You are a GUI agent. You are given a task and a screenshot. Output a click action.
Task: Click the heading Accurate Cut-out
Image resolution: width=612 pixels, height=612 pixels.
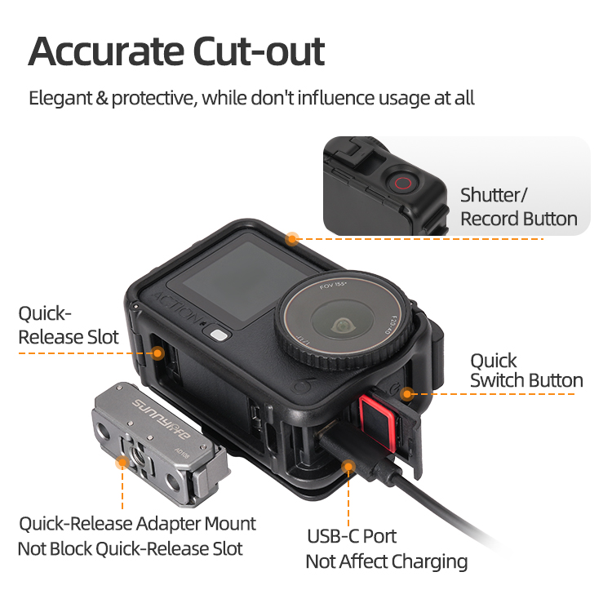[176, 51]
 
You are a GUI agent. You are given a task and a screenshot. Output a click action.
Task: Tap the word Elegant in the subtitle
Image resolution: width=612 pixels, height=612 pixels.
[60, 98]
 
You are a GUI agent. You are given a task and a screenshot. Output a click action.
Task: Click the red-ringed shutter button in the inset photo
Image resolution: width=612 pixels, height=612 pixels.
[402, 183]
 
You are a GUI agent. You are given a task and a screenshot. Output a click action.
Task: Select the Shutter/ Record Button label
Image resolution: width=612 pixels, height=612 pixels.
[519, 207]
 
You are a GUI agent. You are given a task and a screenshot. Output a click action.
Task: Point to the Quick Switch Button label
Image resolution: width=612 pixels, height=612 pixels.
[526, 370]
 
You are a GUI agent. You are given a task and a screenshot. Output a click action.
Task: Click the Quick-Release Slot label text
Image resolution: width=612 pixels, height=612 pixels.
[69, 326]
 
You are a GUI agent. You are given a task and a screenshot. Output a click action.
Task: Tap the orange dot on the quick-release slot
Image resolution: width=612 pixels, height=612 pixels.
[157, 353]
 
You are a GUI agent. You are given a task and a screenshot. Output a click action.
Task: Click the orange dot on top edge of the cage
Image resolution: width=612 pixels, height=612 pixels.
[292, 239]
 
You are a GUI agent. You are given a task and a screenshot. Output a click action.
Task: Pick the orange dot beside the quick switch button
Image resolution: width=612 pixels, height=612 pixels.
[407, 394]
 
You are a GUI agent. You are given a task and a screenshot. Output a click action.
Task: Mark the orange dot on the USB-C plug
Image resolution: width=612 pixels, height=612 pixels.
[348, 467]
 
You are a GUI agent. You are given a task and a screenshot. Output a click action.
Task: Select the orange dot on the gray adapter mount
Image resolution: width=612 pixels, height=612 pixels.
[122, 463]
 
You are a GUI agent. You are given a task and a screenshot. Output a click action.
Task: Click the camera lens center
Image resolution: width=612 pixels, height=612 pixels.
[342, 325]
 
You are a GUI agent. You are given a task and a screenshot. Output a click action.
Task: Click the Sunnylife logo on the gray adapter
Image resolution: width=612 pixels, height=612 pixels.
[161, 419]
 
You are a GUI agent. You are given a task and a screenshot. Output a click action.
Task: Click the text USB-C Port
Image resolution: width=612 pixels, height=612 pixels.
[352, 536]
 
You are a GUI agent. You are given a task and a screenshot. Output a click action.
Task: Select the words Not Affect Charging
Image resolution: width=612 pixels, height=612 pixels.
[387, 562]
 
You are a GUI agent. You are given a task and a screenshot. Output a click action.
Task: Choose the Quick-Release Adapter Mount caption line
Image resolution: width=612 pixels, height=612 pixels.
[137, 524]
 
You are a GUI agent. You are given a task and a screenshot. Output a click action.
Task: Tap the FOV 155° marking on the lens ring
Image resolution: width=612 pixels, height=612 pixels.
[333, 286]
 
